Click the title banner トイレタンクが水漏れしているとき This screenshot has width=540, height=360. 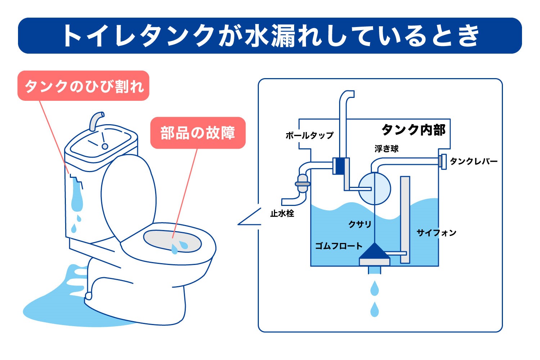pos(270,35)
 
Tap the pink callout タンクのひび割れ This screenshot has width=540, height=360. pos(84,86)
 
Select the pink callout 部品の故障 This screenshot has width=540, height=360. pos(198,133)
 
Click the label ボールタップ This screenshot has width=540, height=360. pos(310,135)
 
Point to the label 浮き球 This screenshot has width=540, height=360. pos(386,149)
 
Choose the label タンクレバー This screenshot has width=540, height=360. pos(474,161)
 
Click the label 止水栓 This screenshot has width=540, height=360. pos(282,213)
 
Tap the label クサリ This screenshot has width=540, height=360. pos(360,224)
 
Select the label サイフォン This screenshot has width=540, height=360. pos(437,233)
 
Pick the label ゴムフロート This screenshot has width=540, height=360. pos(339,246)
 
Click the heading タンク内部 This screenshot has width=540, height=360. pos(413,130)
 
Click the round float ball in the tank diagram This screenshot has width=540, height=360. pos(374,188)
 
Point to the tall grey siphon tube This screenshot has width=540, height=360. pos(405,220)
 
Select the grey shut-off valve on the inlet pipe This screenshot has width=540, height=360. pos(302,184)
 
